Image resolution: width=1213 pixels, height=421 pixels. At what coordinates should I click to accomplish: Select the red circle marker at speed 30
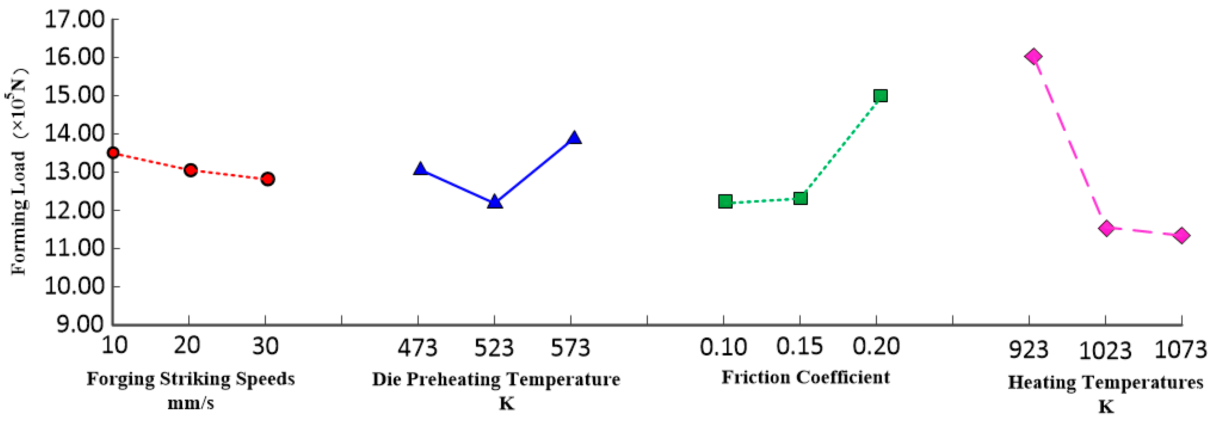tap(268, 179)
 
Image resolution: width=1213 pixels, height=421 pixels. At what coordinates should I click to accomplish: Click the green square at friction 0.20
tap(880, 96)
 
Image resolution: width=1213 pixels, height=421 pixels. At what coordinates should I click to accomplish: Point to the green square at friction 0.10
tap(725, 201)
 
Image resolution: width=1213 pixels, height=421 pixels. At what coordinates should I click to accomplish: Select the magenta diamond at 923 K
tap(1034, 57)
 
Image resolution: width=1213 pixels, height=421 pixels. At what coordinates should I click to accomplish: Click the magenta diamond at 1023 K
tap(1106, 228)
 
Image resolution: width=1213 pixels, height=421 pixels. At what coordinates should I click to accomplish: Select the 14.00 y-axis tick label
tap(74, 134)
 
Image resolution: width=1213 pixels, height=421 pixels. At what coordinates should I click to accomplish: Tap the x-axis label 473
tap(417, 348)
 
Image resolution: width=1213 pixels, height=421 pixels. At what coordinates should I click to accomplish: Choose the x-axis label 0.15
tap(799, 347)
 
